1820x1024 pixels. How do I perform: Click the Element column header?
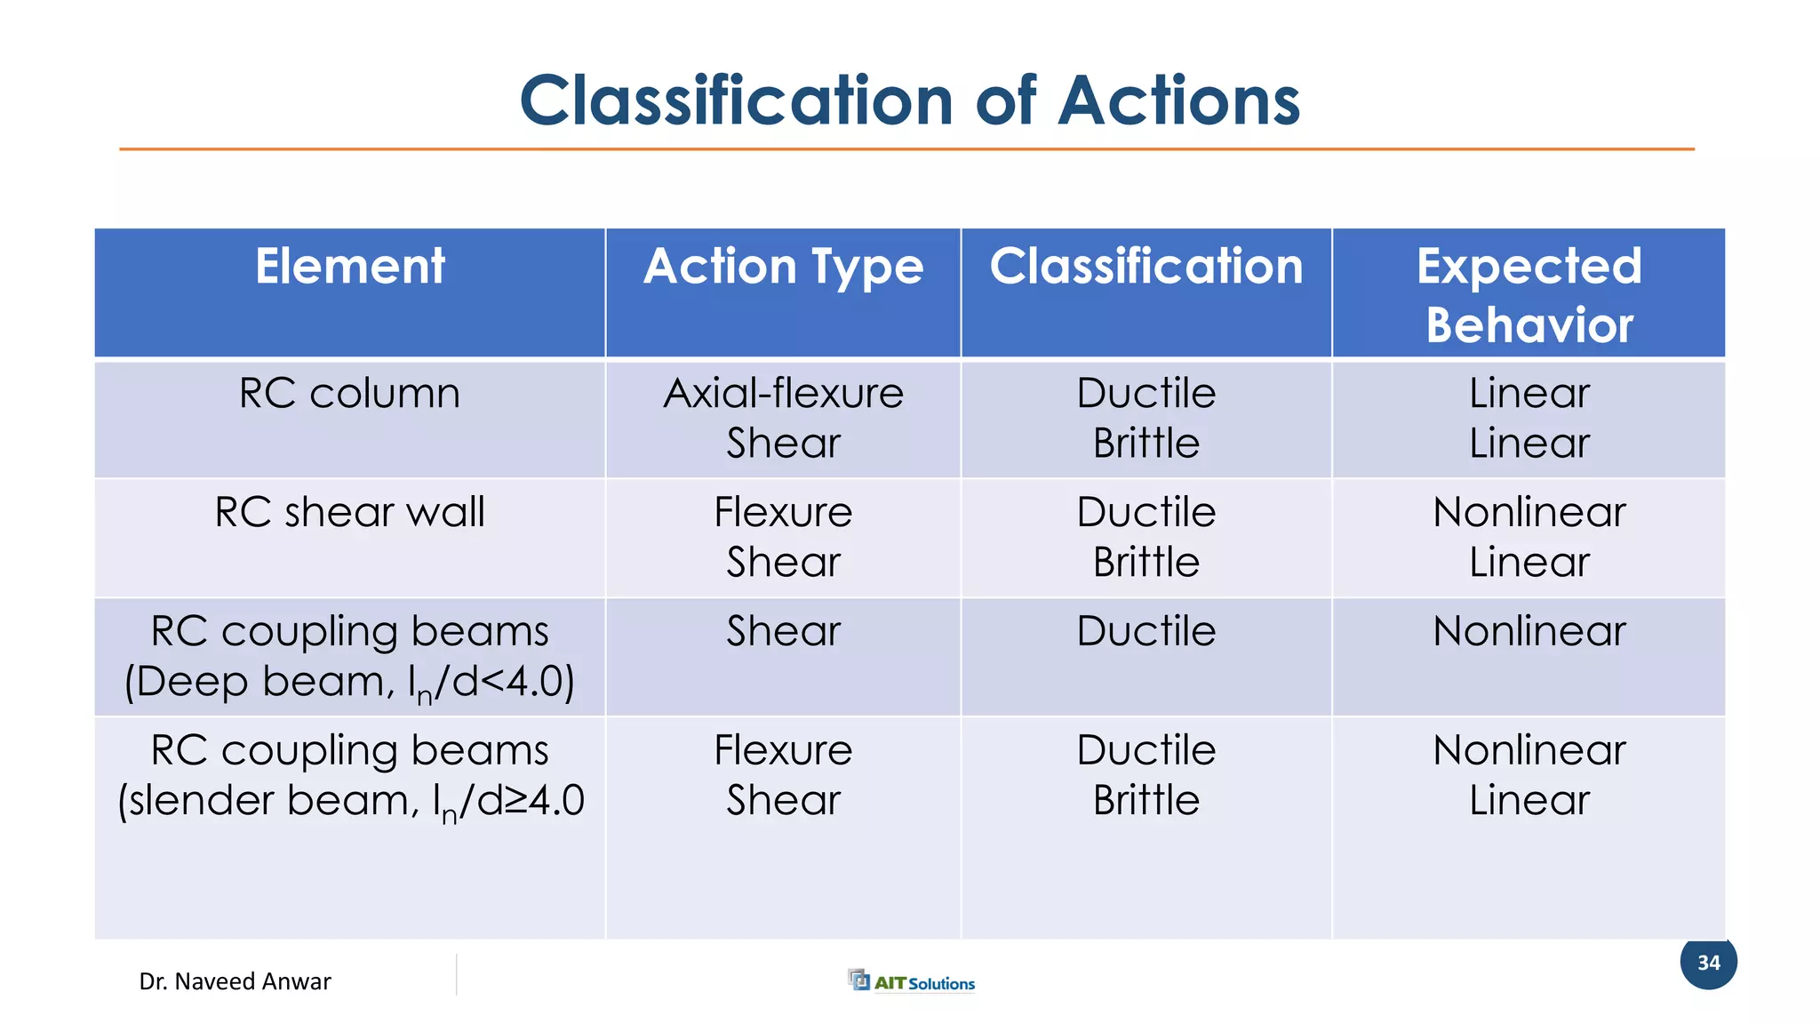[x=350, y=267]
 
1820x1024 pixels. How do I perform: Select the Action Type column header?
[x=783, y=267]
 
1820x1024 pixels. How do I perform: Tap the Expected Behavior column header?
[x=1529, y=295]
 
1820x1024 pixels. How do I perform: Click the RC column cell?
[x=350, y=394]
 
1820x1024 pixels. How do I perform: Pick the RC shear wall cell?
[x=350, y=513]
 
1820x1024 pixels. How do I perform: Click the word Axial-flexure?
[x=783, y=394]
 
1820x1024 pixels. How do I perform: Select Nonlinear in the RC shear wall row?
[x=1529, y=513]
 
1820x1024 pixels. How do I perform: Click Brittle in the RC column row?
[x=1145, y=444]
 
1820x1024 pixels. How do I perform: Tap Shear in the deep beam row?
[x=783, y=632]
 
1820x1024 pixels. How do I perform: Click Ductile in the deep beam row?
[x=1145, y=632]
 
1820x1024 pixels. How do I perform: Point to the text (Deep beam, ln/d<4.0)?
[x=350, y=683]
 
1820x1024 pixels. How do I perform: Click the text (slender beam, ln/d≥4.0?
[x=350, y=801]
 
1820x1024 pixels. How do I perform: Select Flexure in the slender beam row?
[x=783, y=751]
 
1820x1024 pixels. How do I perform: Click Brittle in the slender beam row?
[x=1145, y=801]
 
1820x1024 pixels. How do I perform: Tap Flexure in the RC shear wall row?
[x=783, y=513]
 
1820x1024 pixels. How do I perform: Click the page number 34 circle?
[x=1708, y=962]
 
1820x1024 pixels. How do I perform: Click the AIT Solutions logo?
[x=912, y=981]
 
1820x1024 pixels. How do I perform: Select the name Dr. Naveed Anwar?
[x=235, y=981]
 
